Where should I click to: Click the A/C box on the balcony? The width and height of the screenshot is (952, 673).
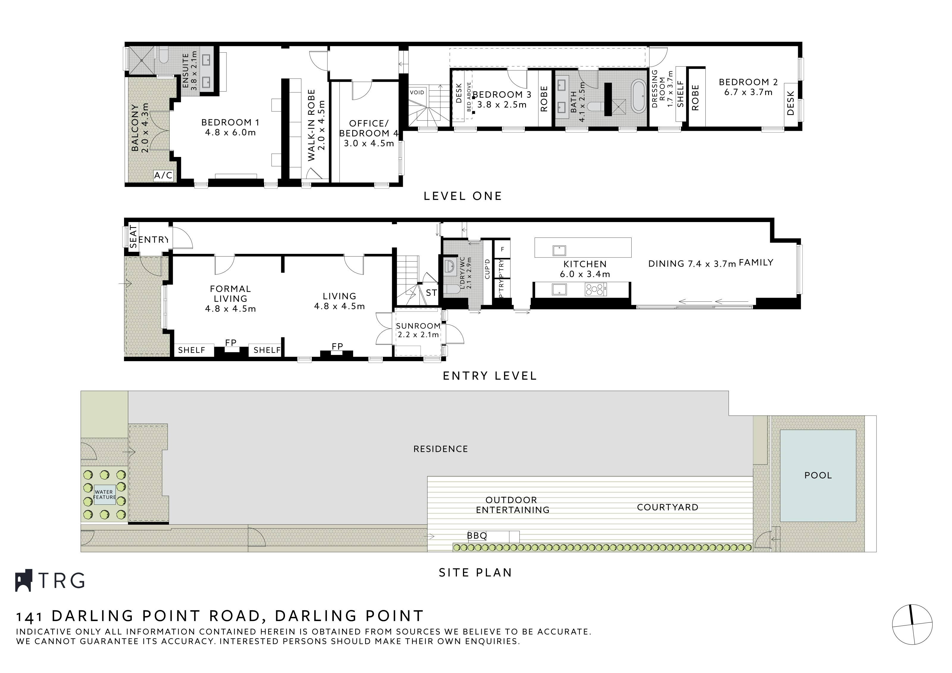[163, 176]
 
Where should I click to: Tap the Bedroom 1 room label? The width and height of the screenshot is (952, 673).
[230, 123]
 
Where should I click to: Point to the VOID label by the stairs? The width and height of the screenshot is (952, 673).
[417, 92]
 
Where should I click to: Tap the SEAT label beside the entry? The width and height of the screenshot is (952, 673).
[133, 237]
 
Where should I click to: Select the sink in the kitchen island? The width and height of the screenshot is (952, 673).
[559, 250]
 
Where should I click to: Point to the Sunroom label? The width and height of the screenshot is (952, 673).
[418, 326]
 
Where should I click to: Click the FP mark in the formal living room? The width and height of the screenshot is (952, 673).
[231, 342]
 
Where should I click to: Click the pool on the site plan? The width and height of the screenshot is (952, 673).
[818, 475]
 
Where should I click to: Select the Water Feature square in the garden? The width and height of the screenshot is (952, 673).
[104, 495]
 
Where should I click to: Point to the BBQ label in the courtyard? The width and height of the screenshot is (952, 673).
[477, 536]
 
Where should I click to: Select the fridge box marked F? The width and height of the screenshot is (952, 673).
[502, 249]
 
